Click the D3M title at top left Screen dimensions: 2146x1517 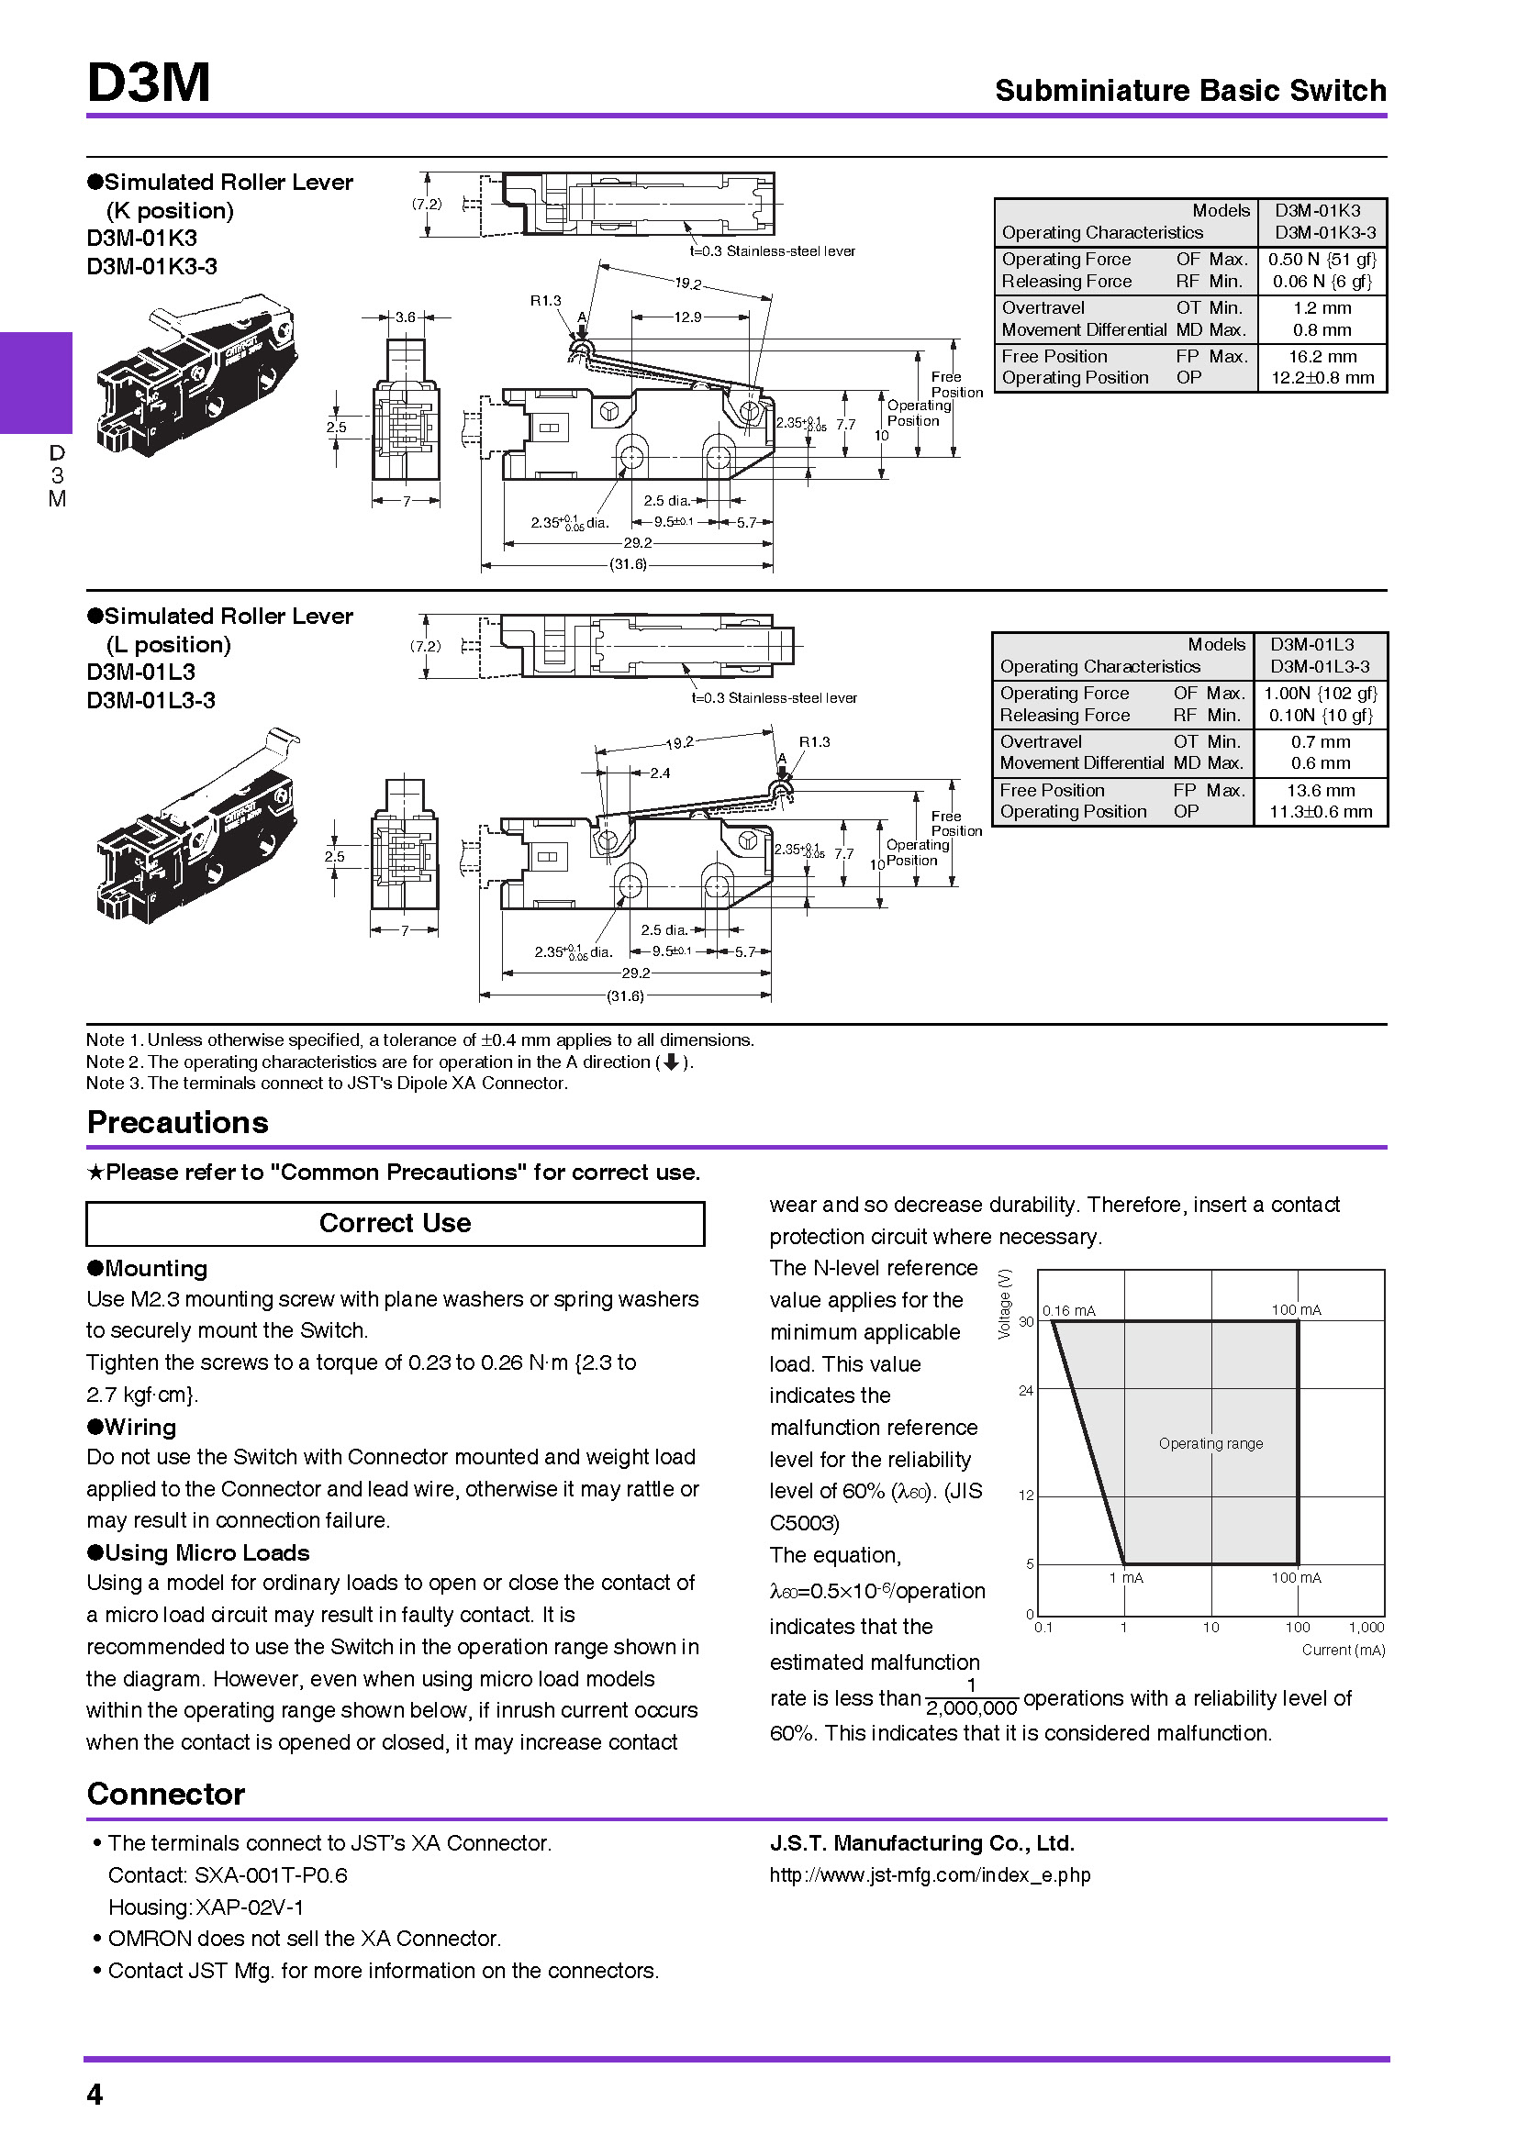point(149,83)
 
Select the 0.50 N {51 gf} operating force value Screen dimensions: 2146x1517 point(1322,259)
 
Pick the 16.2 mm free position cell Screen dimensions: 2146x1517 point(1322,356)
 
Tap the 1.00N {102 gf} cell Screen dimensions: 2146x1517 point(1320,693)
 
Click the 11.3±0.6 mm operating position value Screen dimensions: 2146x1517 point(1320,811)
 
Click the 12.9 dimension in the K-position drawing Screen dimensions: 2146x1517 point(687,317)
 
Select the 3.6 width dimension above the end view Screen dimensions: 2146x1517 point(405,317)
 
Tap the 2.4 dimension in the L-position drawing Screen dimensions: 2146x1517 point(660,773)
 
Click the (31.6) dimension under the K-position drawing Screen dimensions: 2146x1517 point(627,564)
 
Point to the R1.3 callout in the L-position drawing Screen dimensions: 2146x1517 point(813,741)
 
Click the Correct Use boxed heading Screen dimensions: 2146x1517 point(395,1222)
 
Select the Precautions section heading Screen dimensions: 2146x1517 point(178,1121)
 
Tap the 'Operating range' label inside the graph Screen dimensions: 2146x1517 point(1210,1443)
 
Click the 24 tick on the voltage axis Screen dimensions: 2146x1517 point(1025,1390)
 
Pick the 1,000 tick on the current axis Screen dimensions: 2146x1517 point(1366,1628)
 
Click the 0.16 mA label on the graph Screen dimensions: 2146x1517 point(1068,1310)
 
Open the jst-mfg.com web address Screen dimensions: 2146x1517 point(929,1875)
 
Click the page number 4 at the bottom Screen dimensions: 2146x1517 point(95,2094)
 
